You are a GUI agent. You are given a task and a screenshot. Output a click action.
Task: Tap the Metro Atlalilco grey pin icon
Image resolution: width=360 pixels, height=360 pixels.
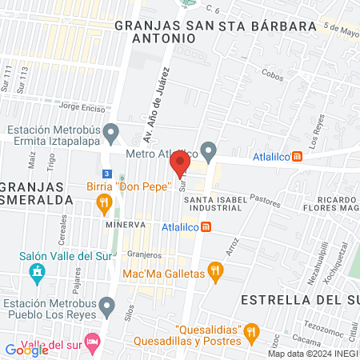(x=209, y=150)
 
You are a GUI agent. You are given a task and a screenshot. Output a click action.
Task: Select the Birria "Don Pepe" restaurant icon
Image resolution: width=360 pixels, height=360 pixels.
(x=103, y=206)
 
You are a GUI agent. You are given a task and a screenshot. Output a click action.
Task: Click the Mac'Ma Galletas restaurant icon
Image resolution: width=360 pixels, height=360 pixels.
(x=214, y=272)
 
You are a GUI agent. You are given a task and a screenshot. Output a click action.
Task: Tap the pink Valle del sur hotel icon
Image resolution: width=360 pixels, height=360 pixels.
(x=92, y=342)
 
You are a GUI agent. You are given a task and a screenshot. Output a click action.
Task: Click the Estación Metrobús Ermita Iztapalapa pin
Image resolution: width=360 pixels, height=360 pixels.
(x=111, y=131)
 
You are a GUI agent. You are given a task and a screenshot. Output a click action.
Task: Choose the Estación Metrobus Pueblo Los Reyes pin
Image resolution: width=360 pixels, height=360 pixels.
(x=111, y=305)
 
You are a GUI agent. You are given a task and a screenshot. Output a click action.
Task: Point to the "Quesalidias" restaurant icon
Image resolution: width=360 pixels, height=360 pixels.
(x=252, y=330)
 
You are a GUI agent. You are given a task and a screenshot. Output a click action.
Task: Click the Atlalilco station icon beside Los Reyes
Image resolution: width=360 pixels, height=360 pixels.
(x=297, y=157)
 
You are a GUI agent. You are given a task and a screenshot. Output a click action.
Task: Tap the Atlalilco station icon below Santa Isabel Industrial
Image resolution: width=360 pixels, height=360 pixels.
(x=206, y=226)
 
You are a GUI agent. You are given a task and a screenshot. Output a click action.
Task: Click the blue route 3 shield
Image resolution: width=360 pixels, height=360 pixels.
(x=106, y=174)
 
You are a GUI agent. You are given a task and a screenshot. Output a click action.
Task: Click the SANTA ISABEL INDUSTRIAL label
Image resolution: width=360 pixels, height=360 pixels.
(x=213, y=202)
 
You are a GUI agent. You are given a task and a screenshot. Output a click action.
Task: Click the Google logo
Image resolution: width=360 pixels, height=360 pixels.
(x=21, y=350)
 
